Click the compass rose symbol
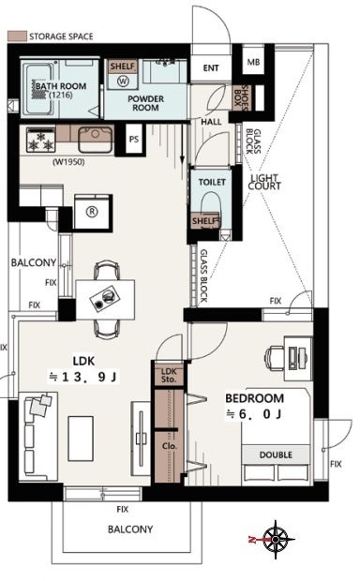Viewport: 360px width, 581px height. [276, 540]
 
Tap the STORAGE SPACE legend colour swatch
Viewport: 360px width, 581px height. [17, 37]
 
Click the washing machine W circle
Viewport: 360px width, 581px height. [123, 81]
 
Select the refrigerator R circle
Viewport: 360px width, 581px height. [92, 212]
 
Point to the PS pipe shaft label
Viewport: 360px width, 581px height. [134, 140]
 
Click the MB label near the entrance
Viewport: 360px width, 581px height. [254, 62]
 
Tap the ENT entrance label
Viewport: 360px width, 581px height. [211, 68]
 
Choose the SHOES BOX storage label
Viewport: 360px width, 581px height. [242, 97]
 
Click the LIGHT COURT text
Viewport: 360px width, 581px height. [264, 183]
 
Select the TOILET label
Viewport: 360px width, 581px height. [212, 182]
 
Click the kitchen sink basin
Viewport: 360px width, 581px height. [95, 140]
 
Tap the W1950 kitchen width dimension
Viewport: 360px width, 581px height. [69, 162]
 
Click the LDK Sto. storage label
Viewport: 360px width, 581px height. [169, 376]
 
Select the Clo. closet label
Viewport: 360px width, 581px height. [170, 446]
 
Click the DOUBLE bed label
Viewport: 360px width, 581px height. [276, 454]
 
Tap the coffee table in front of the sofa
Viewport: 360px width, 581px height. [81, 439]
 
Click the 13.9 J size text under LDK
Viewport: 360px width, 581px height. [83, 378]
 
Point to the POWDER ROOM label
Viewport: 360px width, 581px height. [145, 103]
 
